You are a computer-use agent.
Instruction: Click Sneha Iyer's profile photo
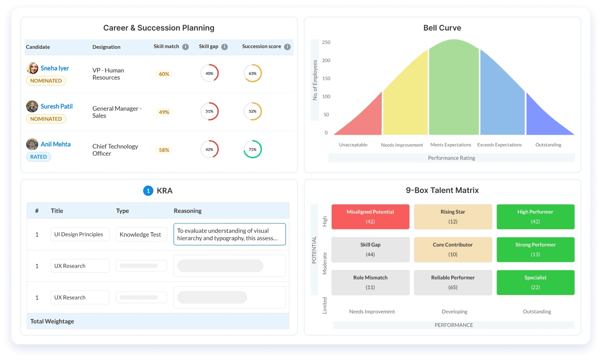pos(32,68)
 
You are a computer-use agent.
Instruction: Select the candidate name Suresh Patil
pos(57,106)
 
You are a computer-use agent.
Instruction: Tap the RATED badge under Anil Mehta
pos(39,157)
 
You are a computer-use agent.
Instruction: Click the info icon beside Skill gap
pos(224,47)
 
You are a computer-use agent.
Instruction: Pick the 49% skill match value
pos(164,112)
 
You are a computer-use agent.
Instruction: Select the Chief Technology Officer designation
pos(115,150)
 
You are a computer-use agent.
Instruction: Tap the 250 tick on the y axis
pos(326,42)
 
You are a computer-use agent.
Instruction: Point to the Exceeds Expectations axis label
pos(499,145)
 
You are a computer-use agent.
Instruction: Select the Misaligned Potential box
pos(371,217)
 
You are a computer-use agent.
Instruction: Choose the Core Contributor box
pos(453,250)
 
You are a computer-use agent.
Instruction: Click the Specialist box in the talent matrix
pos(535,282)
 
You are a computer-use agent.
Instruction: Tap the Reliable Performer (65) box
pos(453,282)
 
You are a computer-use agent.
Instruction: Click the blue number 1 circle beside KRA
pos(148,191)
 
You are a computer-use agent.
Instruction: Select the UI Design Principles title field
pos(80,234)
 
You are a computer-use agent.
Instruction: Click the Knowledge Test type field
pos(141,234)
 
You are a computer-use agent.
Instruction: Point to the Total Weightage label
pos(52,321)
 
